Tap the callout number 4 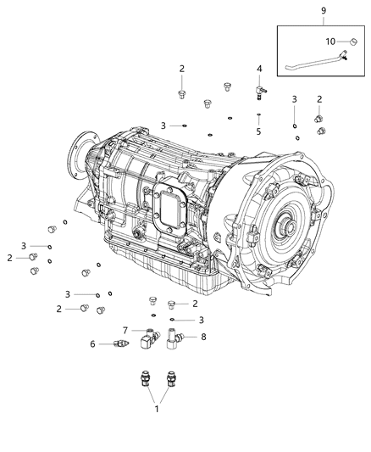[x=260, y=68]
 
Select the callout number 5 [x=260, y=131]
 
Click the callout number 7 [x=125, y=330]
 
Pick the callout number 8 [x=202, y=337]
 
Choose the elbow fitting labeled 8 [x=179, y=341]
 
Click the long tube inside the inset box [x=313, y=59]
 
